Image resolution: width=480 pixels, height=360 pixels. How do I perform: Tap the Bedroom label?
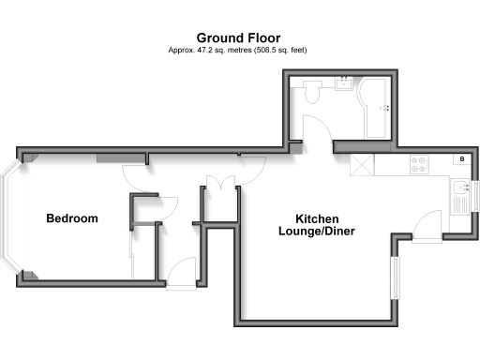(x=72, y=218)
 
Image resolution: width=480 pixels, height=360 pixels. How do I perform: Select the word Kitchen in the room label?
(x=317, y=216)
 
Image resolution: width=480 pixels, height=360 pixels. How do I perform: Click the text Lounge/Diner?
(x=317, y=231)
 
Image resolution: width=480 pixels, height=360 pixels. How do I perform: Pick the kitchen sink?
(x=460, y=187)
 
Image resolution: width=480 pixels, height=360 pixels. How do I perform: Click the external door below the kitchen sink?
(x=427, y=227)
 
